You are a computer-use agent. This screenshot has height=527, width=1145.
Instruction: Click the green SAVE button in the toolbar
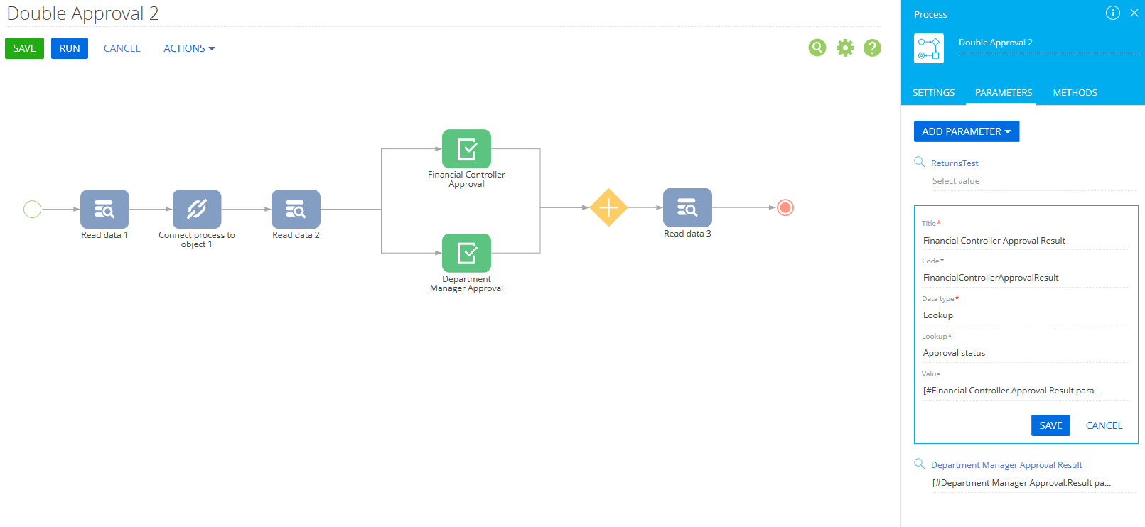pos(25,48)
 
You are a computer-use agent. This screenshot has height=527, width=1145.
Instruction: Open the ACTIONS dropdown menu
pos(189,48)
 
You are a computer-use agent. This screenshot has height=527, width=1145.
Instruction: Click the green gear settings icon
pos(845,48)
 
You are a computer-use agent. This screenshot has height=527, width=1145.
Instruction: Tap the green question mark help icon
pos(872,48)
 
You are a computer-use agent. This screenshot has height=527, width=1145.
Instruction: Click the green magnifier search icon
pos(817,48)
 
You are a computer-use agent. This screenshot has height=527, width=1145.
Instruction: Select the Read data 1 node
pos(104,210)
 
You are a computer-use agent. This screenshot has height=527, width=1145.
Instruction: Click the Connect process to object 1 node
pos(197,210)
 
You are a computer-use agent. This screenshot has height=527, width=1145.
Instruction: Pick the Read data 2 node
pos(296,210)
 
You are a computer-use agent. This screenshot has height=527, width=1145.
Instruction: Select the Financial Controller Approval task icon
pos(467,148)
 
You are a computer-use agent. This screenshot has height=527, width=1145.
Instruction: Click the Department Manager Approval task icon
pos(467,254)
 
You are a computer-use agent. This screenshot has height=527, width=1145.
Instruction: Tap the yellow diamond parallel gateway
pos(608,208)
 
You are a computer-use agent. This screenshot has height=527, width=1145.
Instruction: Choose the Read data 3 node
pos(687,208)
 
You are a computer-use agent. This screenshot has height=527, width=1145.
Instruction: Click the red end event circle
pos(785,208)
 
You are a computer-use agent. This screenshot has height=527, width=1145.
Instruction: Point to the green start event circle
pos(32,210)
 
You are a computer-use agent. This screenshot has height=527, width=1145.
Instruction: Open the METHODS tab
pos(1075,92)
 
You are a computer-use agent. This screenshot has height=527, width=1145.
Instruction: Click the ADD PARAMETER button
pos(967,131)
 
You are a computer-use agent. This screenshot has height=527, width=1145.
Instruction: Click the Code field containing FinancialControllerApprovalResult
pos(1026,278)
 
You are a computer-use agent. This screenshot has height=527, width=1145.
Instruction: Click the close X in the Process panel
pos(1134,13)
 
